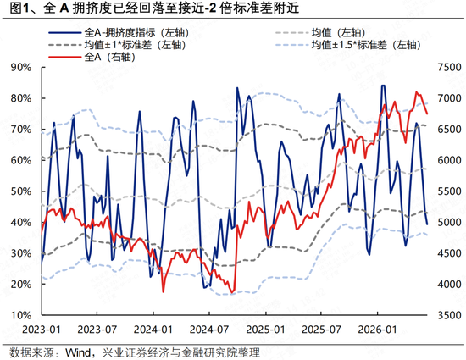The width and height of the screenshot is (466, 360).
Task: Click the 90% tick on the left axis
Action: tap(21, 68)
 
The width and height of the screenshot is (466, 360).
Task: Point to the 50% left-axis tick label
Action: tap(21, 191)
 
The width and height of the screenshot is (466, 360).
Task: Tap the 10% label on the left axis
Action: tap(21, 315)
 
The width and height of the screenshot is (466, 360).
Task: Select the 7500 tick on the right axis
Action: tap(449, 68)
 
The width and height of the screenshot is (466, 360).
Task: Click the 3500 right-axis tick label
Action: tap(449, 315)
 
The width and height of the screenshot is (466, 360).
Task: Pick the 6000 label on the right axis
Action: tap(449, 160)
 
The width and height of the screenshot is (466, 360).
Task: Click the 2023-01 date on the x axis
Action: tap(42, 330)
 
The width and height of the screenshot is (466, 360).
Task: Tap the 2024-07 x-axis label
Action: tap(209, 330)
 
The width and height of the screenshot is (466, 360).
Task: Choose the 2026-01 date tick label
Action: tap(377, 330)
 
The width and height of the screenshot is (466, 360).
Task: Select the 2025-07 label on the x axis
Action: tap(321, 330)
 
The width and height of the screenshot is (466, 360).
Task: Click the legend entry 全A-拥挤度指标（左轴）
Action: tap(119, 33)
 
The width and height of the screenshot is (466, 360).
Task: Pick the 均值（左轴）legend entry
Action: tap(320, 33)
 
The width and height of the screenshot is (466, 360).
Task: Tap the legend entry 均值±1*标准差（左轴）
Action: tap(118, 45)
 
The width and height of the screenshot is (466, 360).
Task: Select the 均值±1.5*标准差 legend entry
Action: tap(348, 45)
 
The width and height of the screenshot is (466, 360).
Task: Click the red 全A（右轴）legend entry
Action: tap(92, 57)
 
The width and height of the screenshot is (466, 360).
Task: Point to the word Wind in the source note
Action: tap(78, 353)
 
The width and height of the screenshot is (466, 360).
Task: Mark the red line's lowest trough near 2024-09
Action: tap(232, 293)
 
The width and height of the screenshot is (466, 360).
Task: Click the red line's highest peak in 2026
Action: tap(416, 92)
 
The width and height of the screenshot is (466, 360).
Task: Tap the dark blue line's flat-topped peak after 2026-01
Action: tap(383, 86)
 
